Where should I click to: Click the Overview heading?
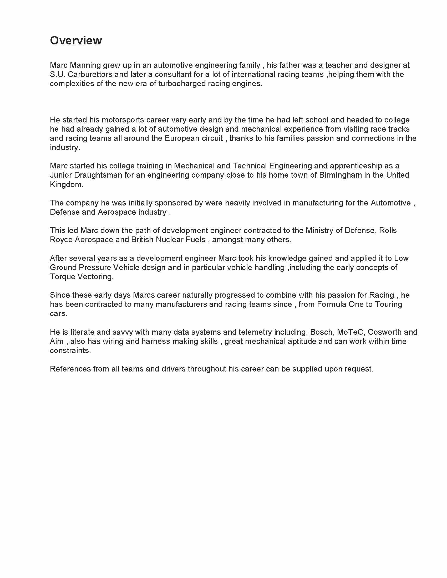(x=76, y=40)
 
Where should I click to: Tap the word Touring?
(x=388, y=304)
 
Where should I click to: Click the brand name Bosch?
(x=321, y=332)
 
